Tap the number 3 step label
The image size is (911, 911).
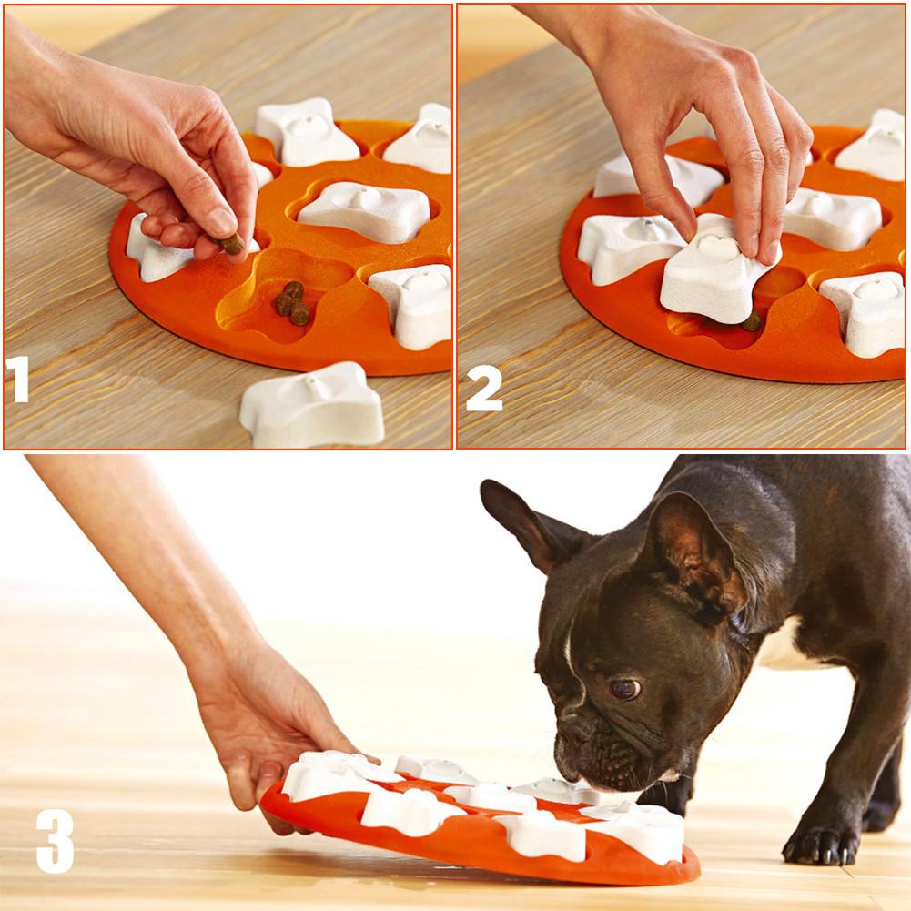(x=55, y=840)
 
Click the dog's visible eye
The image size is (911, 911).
(x=623, y=689)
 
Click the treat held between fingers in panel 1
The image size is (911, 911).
(x=233, y=243)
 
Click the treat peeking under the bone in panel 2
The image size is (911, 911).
(x=751, y=320)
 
